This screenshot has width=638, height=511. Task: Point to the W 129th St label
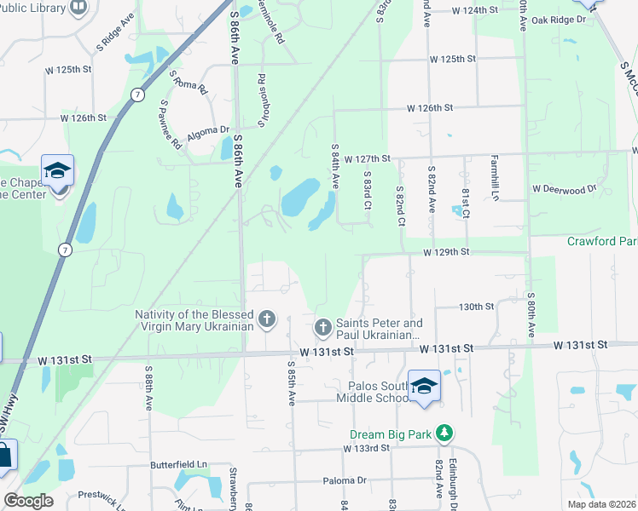point(448,253)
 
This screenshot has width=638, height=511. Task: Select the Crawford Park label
point(602,242)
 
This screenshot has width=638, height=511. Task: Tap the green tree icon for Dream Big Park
point(444,433)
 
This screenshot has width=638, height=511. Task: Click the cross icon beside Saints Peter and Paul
point(322,327)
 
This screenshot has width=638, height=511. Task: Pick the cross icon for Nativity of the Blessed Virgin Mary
point(267,319)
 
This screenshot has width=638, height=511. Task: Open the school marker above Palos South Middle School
point(424,386)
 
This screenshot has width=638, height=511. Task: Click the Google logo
point(28,501)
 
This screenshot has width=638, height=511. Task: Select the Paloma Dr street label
point(344,481)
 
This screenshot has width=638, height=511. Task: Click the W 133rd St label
point(367,448)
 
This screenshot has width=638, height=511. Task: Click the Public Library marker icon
point(78,8)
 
